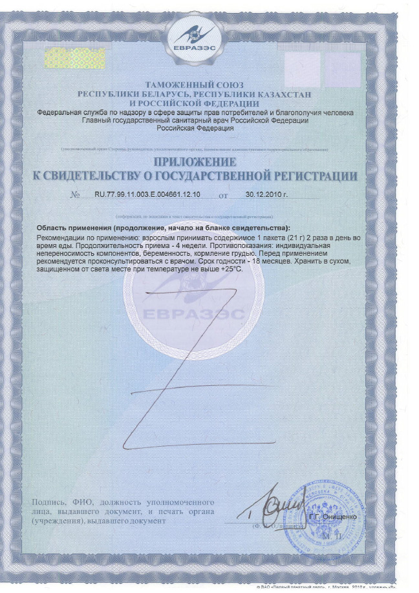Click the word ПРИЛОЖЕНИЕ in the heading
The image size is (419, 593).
point(194,161)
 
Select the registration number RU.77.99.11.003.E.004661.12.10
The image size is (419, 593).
point(147,194)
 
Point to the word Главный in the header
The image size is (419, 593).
point(96,120)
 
